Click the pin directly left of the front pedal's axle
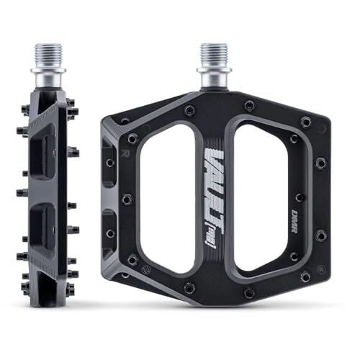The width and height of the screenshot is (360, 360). [x=189, y=110]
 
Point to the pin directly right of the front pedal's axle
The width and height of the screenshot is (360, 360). [x=249, y=106]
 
